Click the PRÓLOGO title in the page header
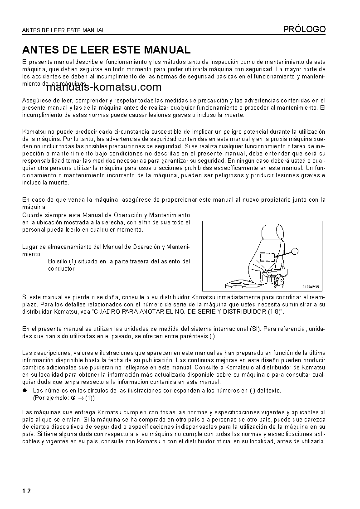[x=304, y=29]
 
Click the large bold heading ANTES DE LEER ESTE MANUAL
[x=106, y=49]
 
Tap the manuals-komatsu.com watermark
[x=103, y=87]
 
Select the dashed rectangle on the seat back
[x=267, y=257]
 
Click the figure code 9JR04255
[x=311, y=286]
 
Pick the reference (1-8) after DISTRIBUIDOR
[x=273, y=312]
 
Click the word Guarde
[x=31, y=215]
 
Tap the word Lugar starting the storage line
[x=29, y=247]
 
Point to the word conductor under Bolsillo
[x=61, y=268]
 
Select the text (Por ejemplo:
[x=51, y=398]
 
